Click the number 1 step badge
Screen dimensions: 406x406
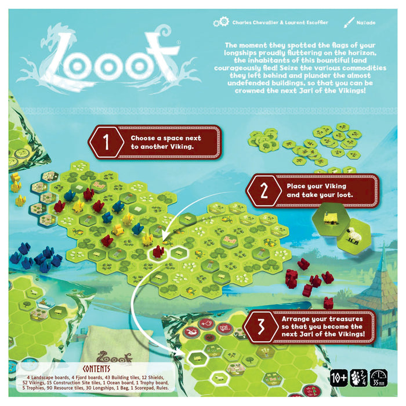click(106, 141)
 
